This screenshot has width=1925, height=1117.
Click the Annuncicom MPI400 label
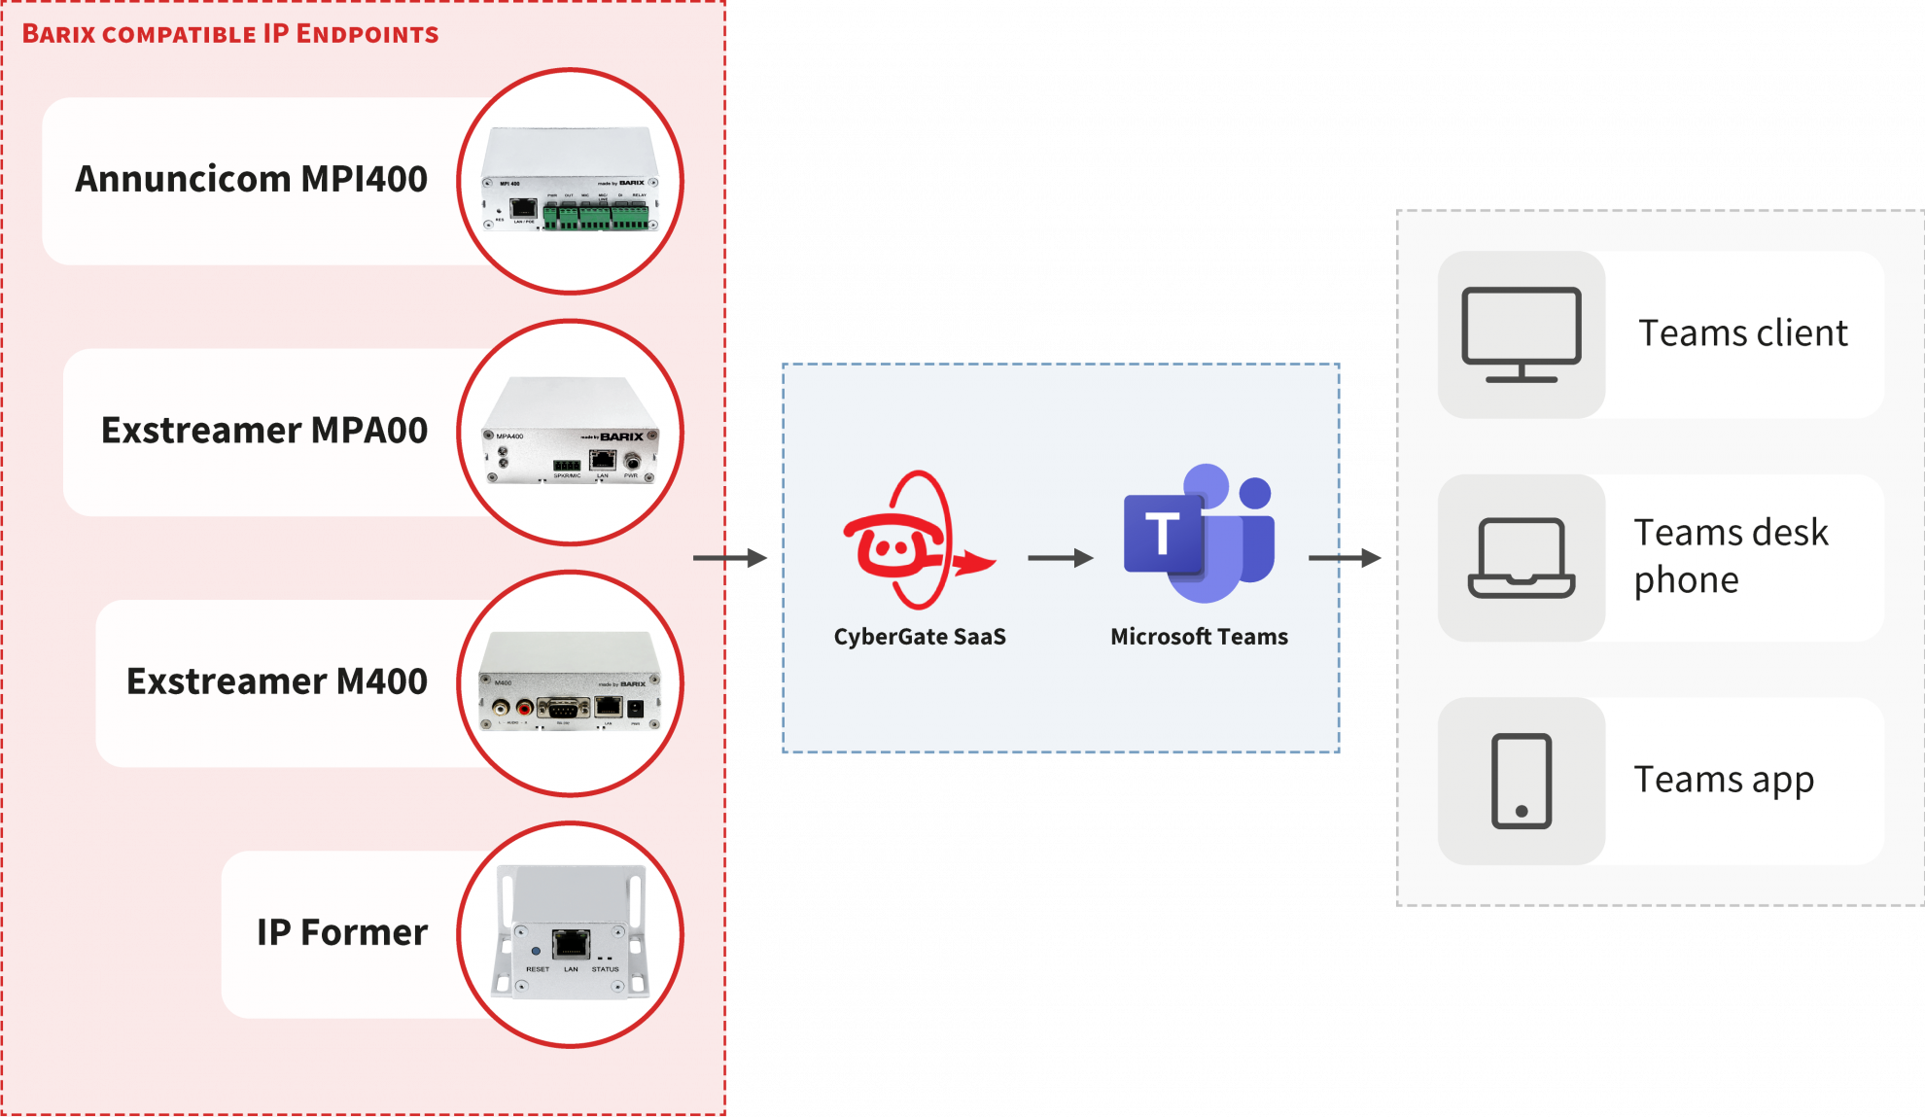click(251, 180)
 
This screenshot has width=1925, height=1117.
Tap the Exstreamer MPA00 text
click(264, 431)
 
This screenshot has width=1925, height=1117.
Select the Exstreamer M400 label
click(277, 681)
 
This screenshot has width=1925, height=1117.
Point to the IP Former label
click(341, 932)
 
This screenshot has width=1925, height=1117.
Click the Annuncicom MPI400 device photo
click(569, 182)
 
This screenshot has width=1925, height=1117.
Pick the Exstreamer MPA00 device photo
click(569, 433)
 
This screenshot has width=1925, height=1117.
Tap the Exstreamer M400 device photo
click(569, 683)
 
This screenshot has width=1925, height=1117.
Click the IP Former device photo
click(569, 934)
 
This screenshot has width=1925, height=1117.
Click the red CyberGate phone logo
click(914, 540)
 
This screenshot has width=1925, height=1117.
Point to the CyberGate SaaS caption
click(920, 637)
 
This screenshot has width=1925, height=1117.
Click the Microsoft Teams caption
click(1199, 637)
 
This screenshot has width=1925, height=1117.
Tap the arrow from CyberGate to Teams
click(1060, 558)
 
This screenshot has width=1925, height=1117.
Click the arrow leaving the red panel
click(730, 558)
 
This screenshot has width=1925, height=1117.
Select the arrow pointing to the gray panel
click(1345, 558)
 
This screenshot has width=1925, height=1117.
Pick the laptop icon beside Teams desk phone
click(1522, 558)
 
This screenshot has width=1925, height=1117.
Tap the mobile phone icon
click(1522, 782)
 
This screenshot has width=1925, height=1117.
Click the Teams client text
click(1743, 333)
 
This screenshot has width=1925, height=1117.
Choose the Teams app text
click(1724, 781)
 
